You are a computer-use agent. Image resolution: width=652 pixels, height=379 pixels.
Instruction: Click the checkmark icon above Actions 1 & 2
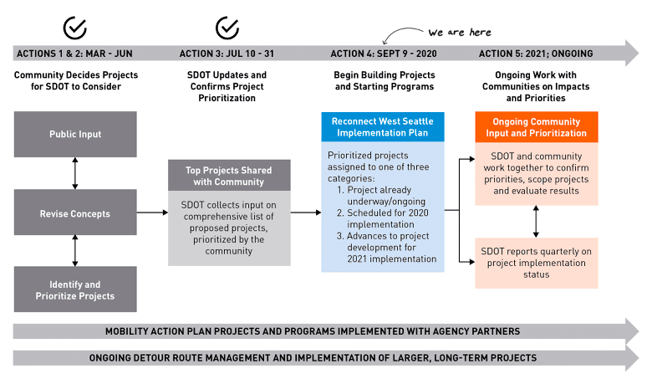coord(76,27)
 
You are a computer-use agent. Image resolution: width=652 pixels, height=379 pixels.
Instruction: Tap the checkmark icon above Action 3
coord(227,27)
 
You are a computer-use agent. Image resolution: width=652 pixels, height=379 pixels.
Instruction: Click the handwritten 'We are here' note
coord(459,33)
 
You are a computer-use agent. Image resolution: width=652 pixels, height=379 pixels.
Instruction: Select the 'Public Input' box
coord(75,134)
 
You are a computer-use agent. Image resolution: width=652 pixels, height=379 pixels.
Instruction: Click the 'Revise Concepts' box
coord(75,213)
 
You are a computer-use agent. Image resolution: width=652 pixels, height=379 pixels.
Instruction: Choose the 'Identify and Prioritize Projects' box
coord(75,289)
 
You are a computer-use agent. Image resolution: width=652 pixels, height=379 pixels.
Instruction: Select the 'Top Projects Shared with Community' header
coord(227,176)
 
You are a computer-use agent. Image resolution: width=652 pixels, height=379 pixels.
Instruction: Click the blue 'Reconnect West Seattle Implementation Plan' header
coord(383,125)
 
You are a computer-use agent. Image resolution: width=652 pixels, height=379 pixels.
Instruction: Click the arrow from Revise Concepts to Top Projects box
coord(152,213)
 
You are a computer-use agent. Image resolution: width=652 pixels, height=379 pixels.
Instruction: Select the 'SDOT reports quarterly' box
coord(536,263)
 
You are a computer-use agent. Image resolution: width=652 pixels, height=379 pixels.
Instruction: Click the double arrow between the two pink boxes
coord(536,221)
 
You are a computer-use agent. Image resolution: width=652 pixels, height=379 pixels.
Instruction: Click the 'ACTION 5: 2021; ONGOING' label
coord(536,54)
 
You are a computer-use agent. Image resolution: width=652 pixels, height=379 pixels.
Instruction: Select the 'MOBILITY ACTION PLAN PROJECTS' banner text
coord(312,331)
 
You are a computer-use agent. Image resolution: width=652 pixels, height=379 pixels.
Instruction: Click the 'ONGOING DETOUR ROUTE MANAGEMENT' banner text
coord(312,358)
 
